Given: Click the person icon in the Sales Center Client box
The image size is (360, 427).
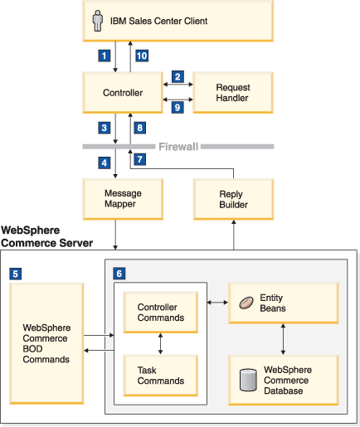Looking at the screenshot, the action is click(98, 21).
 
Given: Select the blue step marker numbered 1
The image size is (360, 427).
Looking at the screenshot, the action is click(105, 56).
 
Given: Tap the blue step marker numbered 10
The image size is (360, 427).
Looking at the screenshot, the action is click(142, 56).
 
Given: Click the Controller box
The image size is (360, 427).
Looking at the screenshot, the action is click(123, 93).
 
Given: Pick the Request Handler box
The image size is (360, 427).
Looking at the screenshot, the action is click(233, 93).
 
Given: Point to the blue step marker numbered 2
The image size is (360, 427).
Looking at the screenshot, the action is click(178, 76).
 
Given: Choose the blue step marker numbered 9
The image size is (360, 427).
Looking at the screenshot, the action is click(178, 107).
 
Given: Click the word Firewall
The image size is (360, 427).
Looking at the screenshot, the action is click(178, 147).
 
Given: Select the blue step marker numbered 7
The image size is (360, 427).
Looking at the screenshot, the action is click(140, 159).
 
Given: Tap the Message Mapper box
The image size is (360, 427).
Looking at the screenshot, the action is click(123, 199).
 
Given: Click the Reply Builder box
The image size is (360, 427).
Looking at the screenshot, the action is click(234, 199).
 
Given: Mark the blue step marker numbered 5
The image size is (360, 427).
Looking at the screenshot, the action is click(16, 274).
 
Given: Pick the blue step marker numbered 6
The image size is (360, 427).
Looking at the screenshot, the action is click(119, 274).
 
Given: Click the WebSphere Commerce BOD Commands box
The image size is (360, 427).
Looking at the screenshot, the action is click(46, 343).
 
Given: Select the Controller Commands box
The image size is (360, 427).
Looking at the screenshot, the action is click(161, 313).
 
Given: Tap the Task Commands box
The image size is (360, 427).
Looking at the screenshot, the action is click(161, 376).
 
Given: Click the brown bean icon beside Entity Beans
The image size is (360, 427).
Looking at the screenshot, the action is click(246, 303).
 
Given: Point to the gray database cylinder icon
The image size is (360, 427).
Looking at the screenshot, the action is click(248, 380).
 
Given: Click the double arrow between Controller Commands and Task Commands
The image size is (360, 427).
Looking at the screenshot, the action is click(161, 344).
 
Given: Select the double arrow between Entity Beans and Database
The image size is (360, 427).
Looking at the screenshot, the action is click(283, 339).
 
